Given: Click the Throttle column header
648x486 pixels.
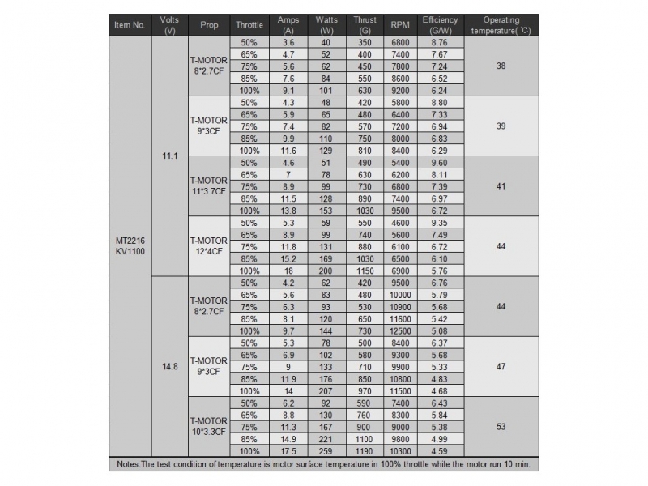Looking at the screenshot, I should click(x=249, y=25).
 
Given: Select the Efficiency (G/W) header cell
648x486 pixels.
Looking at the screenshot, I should click(x=440, y=25).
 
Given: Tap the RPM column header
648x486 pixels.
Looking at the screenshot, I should click(x=400, y=25).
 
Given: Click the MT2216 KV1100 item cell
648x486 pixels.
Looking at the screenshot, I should click(x=130, y=246).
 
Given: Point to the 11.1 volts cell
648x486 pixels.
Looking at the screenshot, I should click(x=169, y=155).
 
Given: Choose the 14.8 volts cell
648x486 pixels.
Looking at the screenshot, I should click(x=169, y=366).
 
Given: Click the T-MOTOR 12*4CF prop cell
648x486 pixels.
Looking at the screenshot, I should click(x=208, y=246).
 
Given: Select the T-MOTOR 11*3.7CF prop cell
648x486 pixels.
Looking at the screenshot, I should click(x=208, y=185).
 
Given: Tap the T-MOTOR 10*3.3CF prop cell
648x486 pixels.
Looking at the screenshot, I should click(x=208, y=426).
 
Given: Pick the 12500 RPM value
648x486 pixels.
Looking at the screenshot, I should click(x=400, y=330).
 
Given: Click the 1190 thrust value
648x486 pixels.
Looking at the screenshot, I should click(x=364, y=450).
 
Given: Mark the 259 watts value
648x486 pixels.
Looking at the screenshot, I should click(x=326, y=450).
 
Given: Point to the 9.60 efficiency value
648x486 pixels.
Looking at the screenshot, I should click(x=440, y=162).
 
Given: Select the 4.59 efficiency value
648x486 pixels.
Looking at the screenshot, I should click(x=440, y=450).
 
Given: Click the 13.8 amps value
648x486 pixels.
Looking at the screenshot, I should click(x=288, y=210).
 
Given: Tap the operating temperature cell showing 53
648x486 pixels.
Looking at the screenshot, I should click(x=501, y=426).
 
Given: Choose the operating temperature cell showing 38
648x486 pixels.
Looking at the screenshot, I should click(x=501, y=66).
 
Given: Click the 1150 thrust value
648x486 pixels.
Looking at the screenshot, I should click(x=364, y=271).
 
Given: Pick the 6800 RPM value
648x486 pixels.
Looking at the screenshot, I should click(x=400, y=41).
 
